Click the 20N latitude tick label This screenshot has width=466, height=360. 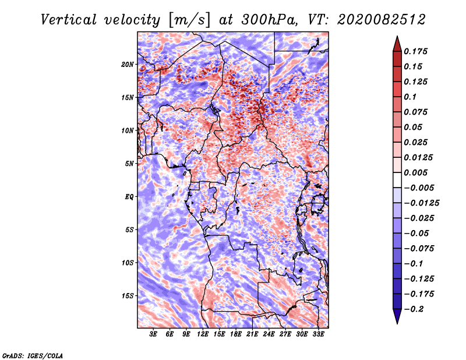click(x=128, y=65)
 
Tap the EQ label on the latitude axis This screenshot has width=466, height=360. click(x=129, y=197)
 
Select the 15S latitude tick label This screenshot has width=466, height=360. click(x=128, y=296)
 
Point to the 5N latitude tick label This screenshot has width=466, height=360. click(x=129, y=164)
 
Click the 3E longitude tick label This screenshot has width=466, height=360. click(x=153, y=334)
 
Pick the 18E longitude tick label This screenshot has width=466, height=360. click(x=236, y=334)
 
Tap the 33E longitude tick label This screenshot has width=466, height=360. click(x=318, y=334)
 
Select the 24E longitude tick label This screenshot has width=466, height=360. click(x=269, y=334)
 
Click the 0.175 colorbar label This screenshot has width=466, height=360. click(x=415, y=51)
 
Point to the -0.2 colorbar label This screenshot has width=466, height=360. click(x=414, y=309)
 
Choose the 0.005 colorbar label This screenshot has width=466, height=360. click(x=415, y=172)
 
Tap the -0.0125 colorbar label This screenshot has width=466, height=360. click(x=421, y=203)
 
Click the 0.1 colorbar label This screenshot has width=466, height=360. click(x=410, y=97)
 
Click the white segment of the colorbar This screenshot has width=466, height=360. click(x=397, y=180)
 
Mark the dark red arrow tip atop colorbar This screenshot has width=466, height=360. click(x=397, y=37)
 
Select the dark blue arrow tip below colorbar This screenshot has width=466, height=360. click(x=397, y=323)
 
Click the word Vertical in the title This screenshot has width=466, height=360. click(x=69, y=20)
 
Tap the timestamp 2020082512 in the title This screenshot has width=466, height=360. click(x=382, y=20)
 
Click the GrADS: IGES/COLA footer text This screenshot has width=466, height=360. click(x=33, y=356)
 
